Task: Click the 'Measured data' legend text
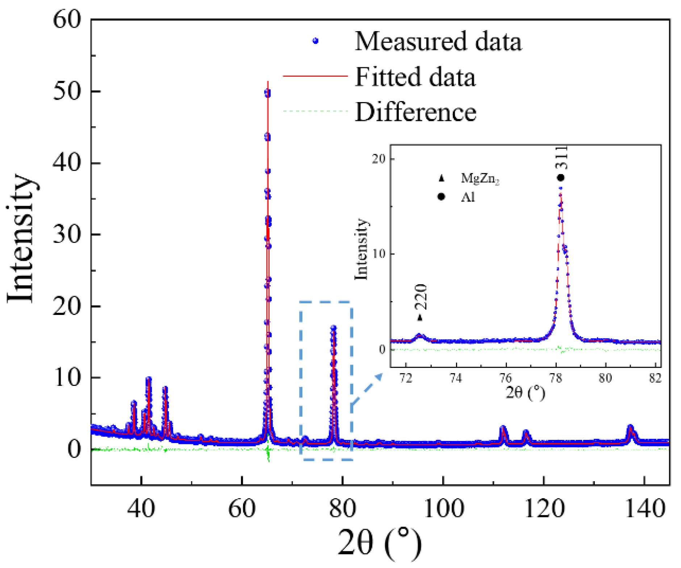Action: pyautogui.click(x=438, y=41)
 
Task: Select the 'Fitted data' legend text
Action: pyautogui.click(x=415, y=77)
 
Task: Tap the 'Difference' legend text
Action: pyautogui.click(x=415, y=112)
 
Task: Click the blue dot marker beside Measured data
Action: pyautogui.click(x=315, y=41)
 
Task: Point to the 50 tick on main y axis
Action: pyautogui.click(x=67, y=91)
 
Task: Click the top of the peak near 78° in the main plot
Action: pyautogui.click(x=333, y=328)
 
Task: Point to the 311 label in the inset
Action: pyautogui.click(x=561, y=158)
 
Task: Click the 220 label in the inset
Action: pyautogui.click(x=421, y=297)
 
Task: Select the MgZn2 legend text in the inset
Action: pyautogui.click(x=480, y=178)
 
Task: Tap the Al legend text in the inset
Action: pyautogui.click(x=468, y=197)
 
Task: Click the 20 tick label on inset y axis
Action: pyautogui.click(x=378, y=159)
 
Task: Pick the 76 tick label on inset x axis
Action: pyautogui.click(x=505, y=378)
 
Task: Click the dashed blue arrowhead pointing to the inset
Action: pyautogui.click(x=378, y=377)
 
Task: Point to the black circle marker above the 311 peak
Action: pyautogui.click(x=560, y=178)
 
